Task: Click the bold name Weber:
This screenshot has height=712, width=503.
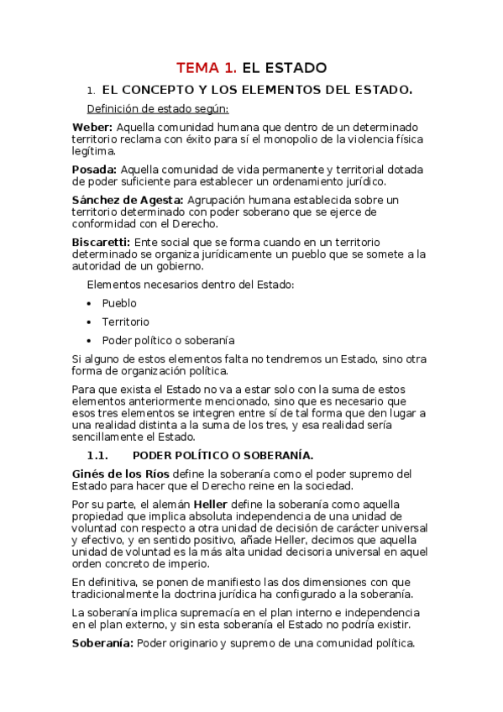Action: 92,127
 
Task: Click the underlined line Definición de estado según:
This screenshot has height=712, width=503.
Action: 157,108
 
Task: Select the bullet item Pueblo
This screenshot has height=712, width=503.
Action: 119,303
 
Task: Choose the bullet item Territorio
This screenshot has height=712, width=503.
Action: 126,322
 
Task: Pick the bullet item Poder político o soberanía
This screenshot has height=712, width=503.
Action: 168,341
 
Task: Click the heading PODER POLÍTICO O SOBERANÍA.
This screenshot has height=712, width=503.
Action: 223,456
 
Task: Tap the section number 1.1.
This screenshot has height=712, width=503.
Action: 99,456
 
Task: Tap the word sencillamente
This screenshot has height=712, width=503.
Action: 110,437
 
